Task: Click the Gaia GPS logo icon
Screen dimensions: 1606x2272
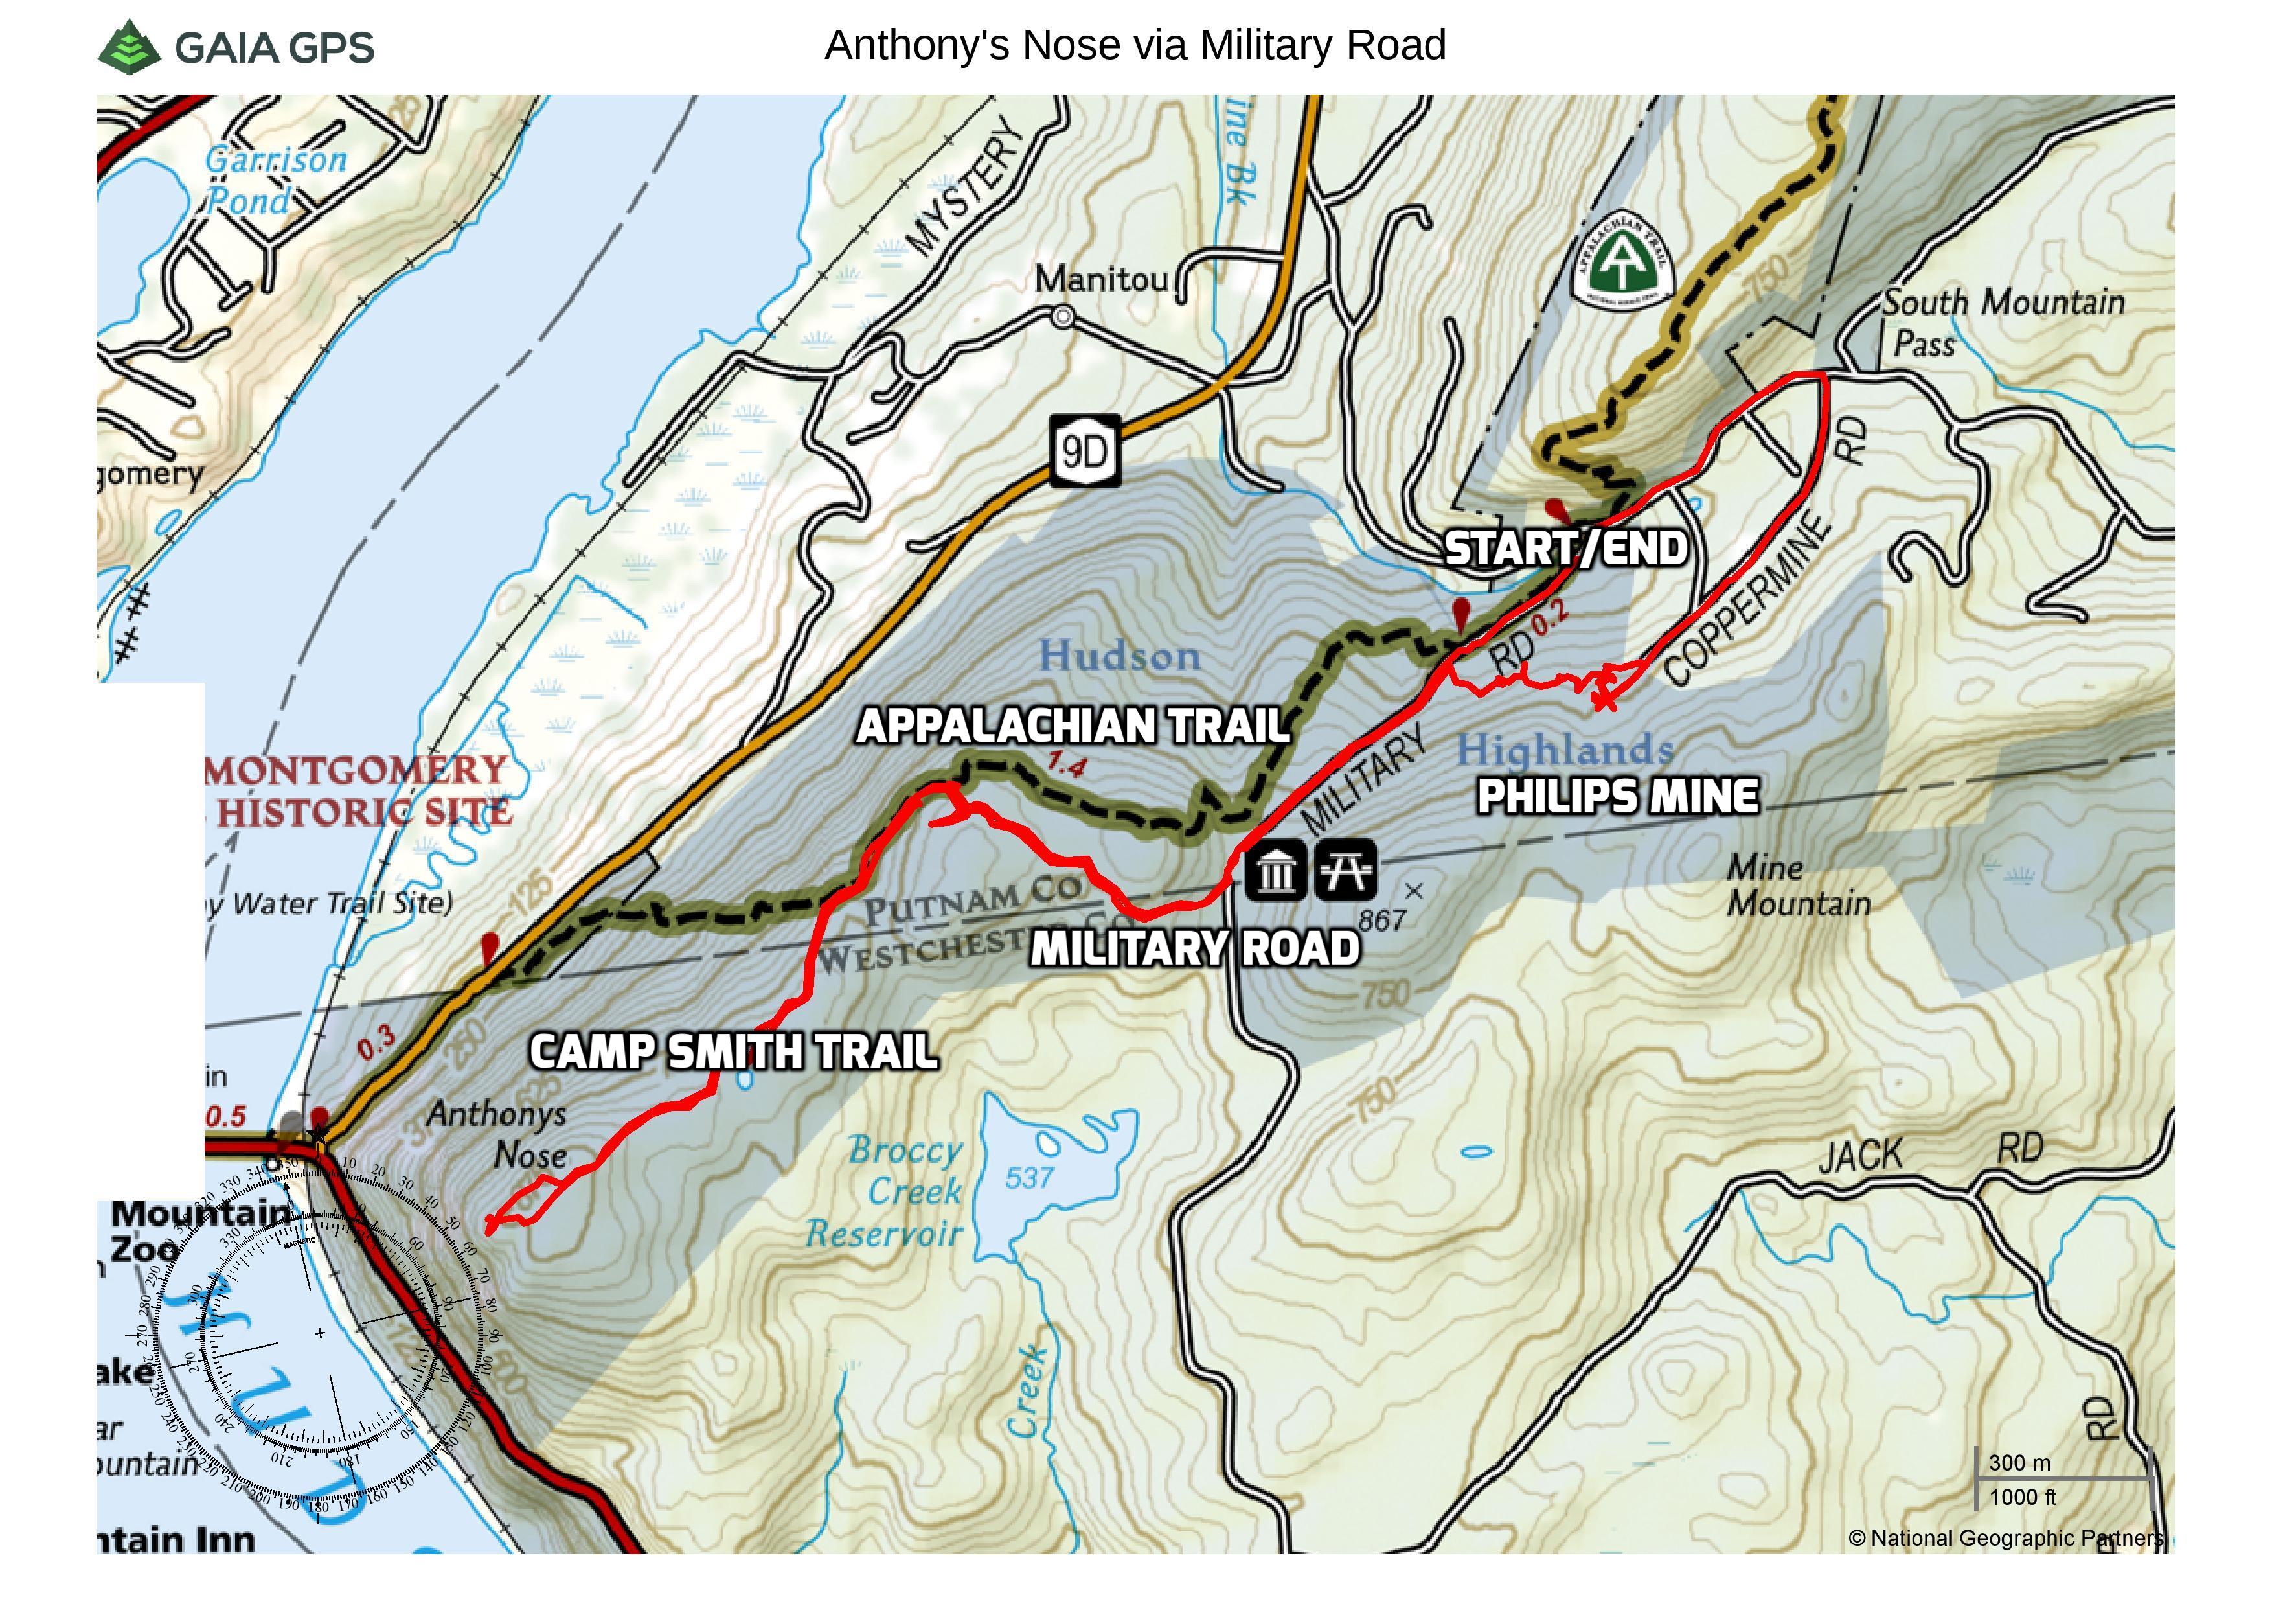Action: pos(129,47)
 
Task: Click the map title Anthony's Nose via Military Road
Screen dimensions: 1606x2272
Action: pos(1135,45)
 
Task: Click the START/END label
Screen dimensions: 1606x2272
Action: pos(1565,548)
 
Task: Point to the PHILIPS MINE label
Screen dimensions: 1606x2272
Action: pos(1618,797)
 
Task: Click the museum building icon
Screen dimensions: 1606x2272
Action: pos(1275,872)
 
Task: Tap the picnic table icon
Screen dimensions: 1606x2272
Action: pos(1345,872)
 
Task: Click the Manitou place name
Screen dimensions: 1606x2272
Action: pos(1100,280)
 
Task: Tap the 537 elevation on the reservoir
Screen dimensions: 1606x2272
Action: pos(1029,1178)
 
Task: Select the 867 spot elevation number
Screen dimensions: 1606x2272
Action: pos(1381,920)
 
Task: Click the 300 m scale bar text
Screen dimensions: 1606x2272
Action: pos(2019,1463)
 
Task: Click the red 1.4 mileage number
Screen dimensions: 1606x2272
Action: pos(1066,765)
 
